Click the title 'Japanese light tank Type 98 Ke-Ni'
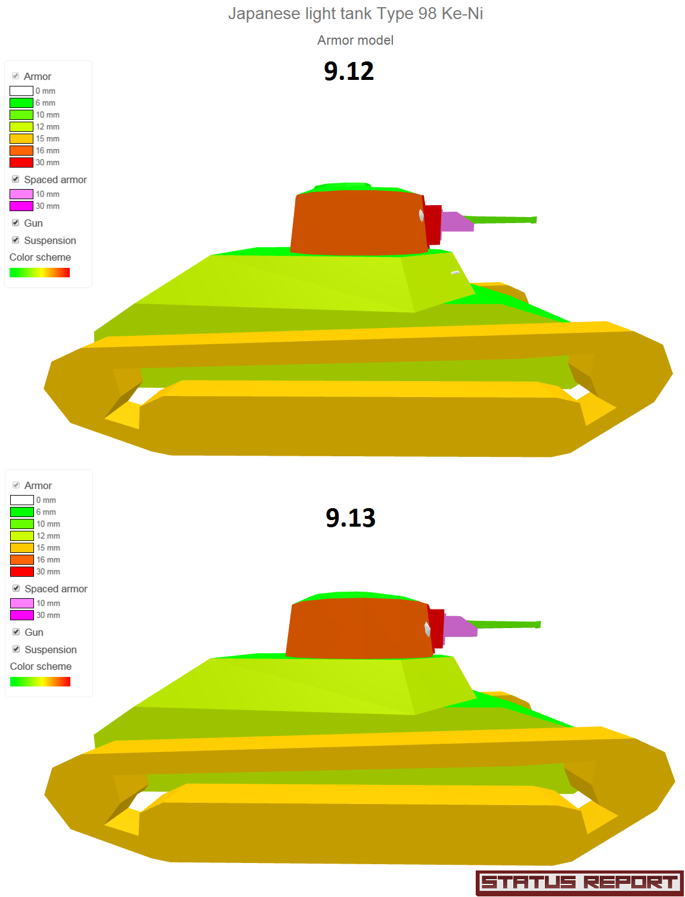pos(355,14)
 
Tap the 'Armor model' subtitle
pos(355,40)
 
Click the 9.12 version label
pos(348,71)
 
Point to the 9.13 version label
pos(350,517)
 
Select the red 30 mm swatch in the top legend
pos(21,162)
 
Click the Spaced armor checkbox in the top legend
pos(16,179)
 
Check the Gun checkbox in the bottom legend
pos(16,632)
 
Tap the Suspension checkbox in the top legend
pos(16,240)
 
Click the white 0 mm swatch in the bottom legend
pos(21,500)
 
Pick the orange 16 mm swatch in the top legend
pos(21,150)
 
